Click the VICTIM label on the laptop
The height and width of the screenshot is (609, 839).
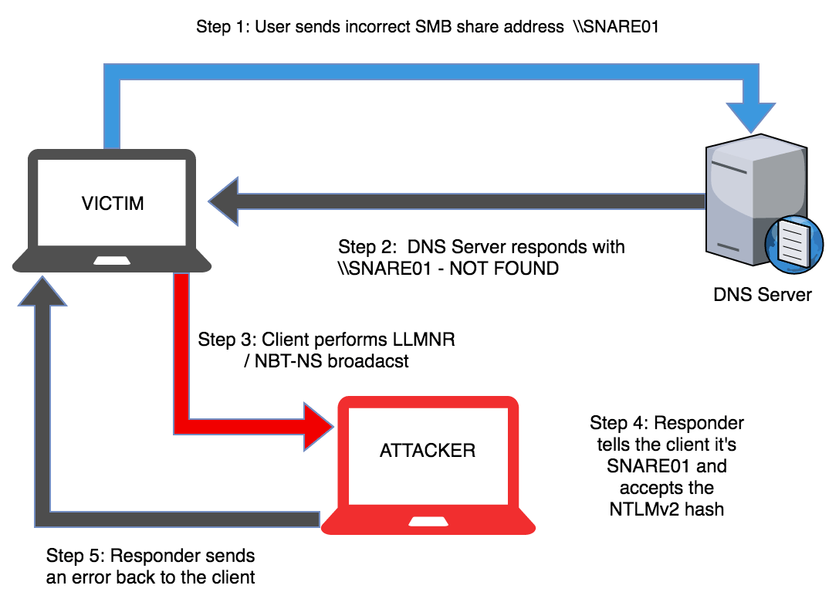pos(113,204)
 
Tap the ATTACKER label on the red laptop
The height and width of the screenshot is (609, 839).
pos(428,450)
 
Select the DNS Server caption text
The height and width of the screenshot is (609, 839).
pos(763,294)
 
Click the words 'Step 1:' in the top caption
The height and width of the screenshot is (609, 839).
pos(222,27)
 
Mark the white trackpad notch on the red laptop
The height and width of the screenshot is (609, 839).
pos(428,523)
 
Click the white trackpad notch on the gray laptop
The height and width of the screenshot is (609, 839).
pos(113,261)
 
